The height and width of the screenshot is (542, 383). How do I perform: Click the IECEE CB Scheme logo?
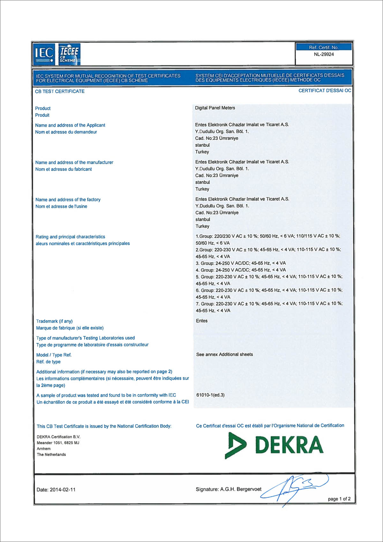(x=69, y=54)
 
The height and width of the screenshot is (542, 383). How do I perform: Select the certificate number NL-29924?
(x=324, y=54)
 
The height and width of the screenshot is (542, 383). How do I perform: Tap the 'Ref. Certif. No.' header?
(x=324, y=47)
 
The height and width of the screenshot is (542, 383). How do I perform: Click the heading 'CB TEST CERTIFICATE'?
(x=60, y=91)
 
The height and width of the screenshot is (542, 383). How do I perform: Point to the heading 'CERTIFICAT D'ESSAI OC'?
(x=325, y=91)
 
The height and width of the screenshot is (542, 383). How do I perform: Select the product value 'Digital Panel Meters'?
(x=215, y=108)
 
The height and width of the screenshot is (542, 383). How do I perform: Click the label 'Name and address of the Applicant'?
(x=70, y=125)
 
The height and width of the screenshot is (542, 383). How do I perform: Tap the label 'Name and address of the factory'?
(x=68, y=200)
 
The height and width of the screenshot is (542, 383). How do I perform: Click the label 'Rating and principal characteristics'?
(x=70, y=237)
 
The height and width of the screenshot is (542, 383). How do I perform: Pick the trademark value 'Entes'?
(x=202, y=321)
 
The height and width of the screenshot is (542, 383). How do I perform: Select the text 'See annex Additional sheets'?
(x=224, y=355)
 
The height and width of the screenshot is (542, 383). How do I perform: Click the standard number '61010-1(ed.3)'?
(x=210, y=395)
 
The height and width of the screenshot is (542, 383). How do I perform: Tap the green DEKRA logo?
(x=274, y=445)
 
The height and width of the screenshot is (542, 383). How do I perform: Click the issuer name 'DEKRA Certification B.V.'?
(x=58, y=437)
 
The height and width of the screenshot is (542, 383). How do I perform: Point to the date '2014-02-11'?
(x=63, y=490)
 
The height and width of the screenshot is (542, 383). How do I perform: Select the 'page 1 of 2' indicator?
(x=339, y=499)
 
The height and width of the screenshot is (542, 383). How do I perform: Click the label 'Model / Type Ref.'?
(x=54, y=355)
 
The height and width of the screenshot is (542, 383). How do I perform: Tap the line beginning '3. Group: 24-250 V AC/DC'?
(x=241, y=263)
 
